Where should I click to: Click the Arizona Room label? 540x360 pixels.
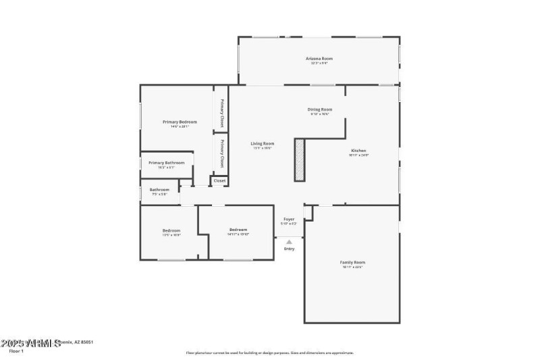click(320, 59)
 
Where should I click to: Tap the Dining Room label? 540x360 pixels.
click(320, 109)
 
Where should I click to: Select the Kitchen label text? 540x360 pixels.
click(358, 151)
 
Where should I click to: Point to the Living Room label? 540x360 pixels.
click(263, 143)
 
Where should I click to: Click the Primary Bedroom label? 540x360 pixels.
click(180, 122)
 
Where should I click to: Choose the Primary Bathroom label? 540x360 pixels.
click(166, 163)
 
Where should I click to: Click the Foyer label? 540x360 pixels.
click(288, 219)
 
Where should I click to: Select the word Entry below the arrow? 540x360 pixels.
click(289, 249)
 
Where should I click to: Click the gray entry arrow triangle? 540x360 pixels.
click(289, 242)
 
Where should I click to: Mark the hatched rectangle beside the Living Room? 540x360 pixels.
click(300, 159)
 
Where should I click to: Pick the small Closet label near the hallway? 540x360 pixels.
click(219, 180)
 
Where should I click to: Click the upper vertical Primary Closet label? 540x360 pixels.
click(221, 113)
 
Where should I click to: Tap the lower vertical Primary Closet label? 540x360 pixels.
click(221, 154)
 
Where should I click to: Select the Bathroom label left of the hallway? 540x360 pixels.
click(159, 190)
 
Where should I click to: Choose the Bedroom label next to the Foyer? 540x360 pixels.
click(238, 230)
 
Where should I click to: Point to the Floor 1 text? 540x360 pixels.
click(16, 351)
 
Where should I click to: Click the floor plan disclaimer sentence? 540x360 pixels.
click(270, 353)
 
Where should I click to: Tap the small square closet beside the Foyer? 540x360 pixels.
click(308, 213)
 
